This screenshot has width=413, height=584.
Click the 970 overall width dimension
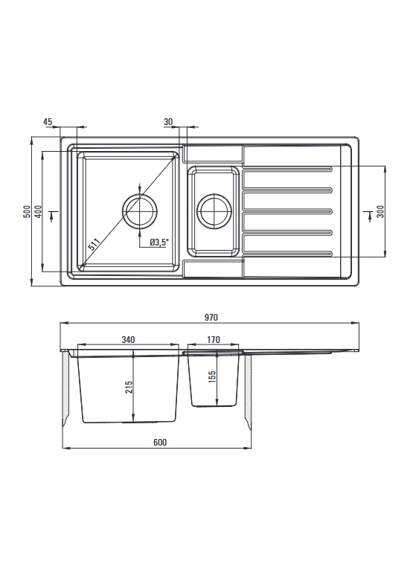pyautogui.click(x=211, y=318)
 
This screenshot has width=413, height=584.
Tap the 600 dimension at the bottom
pyautogui.click(x=160, y=442)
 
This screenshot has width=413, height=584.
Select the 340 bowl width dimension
pyautogui.click(x=128, y=340)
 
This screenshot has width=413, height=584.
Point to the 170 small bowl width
pyautogui.click(x=214, y=340)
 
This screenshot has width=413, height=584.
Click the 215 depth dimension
pyautogui.click(x=129, y=388)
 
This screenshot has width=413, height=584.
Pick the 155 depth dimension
pyautogui.click(x=212, y=377)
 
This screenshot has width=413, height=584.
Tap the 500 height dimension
pyautogui.click(x=27, y=211)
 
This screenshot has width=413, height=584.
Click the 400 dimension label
pyautogui.click(x=38, y=211)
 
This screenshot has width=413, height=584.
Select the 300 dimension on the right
pyautogui.click(x=380, y=211)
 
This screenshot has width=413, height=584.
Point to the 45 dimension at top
pyautogui.click(x=48, y=122)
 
